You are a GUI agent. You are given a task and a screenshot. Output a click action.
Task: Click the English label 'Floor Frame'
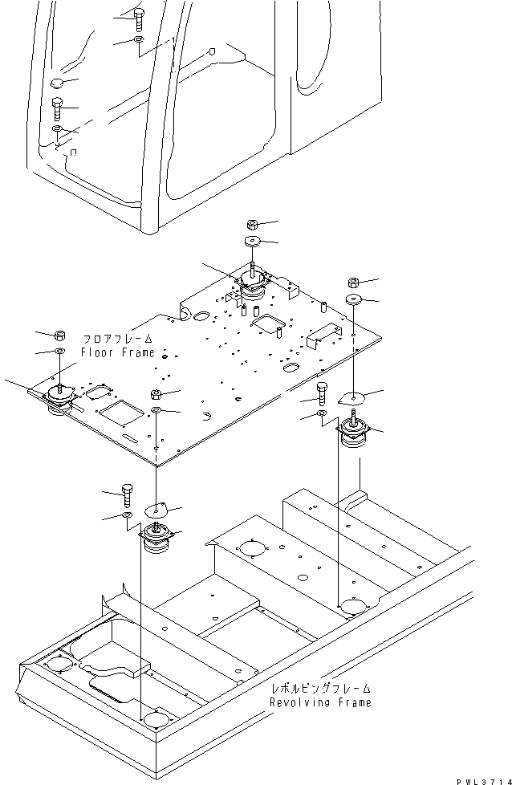[x=116, y=352]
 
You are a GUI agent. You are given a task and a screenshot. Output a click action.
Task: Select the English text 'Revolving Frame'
[x=320, y=702]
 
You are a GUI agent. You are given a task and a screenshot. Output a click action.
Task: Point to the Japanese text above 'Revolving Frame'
[x=321, y=688]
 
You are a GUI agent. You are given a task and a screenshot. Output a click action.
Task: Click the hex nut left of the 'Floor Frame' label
[x=59, y=334]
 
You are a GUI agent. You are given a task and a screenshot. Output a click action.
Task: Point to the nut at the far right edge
[x=353, y=282]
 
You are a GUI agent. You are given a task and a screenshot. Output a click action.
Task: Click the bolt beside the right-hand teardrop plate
[x=322, y=392]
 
